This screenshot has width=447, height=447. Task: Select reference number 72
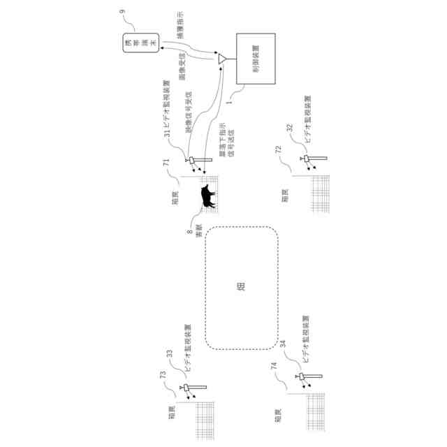tap(278, 149)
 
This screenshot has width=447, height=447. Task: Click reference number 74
tap(274, 365)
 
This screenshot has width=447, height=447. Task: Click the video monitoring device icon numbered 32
tap(307, 161)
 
